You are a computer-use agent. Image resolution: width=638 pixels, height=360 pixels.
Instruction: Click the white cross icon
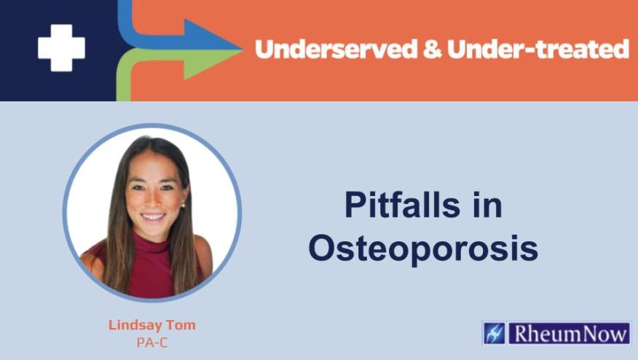pos(61,47)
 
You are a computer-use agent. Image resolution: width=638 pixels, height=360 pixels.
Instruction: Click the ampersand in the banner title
pos(430,50)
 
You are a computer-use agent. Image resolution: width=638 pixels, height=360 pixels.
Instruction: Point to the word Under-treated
pos(537,50)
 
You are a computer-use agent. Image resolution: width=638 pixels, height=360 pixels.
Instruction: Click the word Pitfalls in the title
pos(402,206)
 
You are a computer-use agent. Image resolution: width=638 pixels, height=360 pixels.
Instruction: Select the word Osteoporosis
pos(422,249)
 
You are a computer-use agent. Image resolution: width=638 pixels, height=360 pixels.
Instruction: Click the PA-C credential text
pos(151,343)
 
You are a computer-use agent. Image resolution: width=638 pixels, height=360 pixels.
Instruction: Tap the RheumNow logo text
pos(567,333)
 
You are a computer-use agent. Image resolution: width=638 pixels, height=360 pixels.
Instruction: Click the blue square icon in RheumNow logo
pos(494,333)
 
